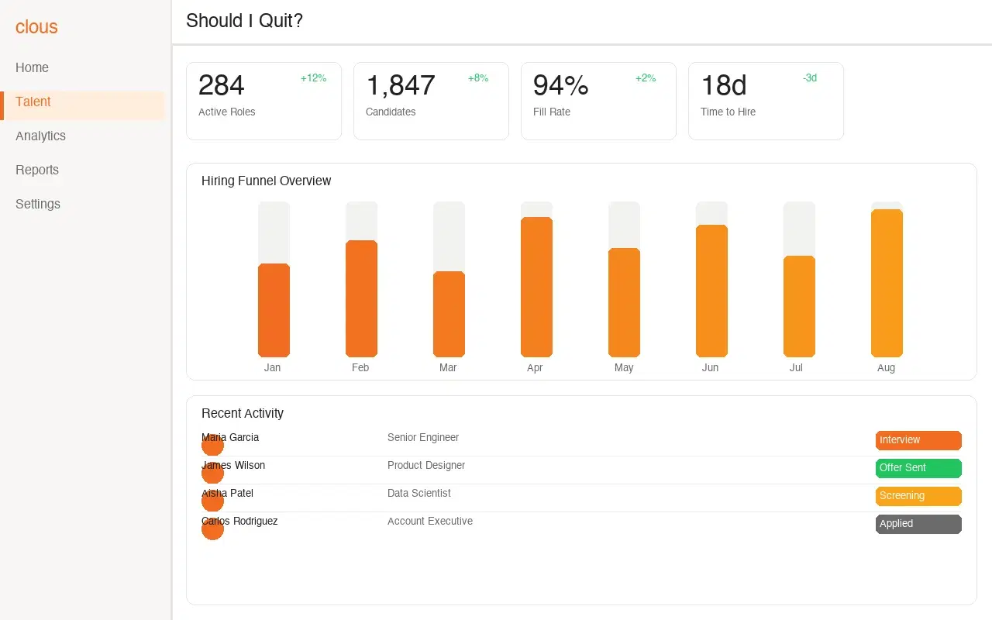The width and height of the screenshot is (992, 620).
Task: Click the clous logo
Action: (36, 27)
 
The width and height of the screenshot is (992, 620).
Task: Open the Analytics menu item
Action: (40, 136)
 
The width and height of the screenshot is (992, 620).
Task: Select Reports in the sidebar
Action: (37, 170)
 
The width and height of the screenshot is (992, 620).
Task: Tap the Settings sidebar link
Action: (38, 204)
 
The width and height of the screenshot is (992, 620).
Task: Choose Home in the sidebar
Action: (32, 67)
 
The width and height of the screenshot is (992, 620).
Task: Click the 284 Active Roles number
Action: (221, 85)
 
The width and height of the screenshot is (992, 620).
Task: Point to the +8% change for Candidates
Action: (478, 78)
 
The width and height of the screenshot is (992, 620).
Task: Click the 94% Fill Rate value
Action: (560, 85)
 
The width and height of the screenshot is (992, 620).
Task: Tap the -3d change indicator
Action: (810, 78)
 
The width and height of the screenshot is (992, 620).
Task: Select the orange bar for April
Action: (536, 287)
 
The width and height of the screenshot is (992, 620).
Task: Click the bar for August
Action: (887, 283)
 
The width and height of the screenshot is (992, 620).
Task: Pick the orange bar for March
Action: (449, 314)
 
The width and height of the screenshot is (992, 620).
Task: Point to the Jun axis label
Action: (710, 368)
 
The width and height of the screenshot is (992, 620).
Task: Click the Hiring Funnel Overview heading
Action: (266, 181)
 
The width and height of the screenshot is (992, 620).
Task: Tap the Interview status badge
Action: (918, 440)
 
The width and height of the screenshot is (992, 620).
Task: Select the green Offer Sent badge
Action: (918, 468)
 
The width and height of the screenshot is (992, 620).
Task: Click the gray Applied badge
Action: (918, 524)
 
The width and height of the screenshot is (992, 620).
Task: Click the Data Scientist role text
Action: (418, 493)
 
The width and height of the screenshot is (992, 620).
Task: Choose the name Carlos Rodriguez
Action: (239, 521)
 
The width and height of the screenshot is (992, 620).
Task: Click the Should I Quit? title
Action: (244, 21)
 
